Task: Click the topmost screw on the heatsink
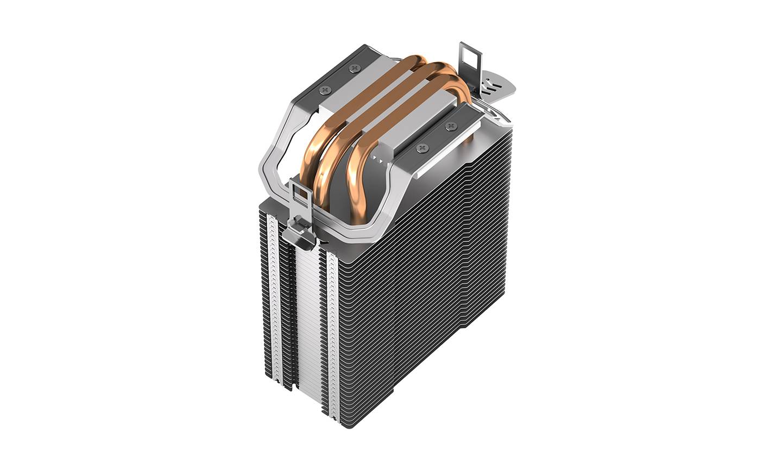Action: pyautogui.click(x=355, y=68)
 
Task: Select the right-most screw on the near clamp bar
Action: pyautogui.click(x=449, y=126)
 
